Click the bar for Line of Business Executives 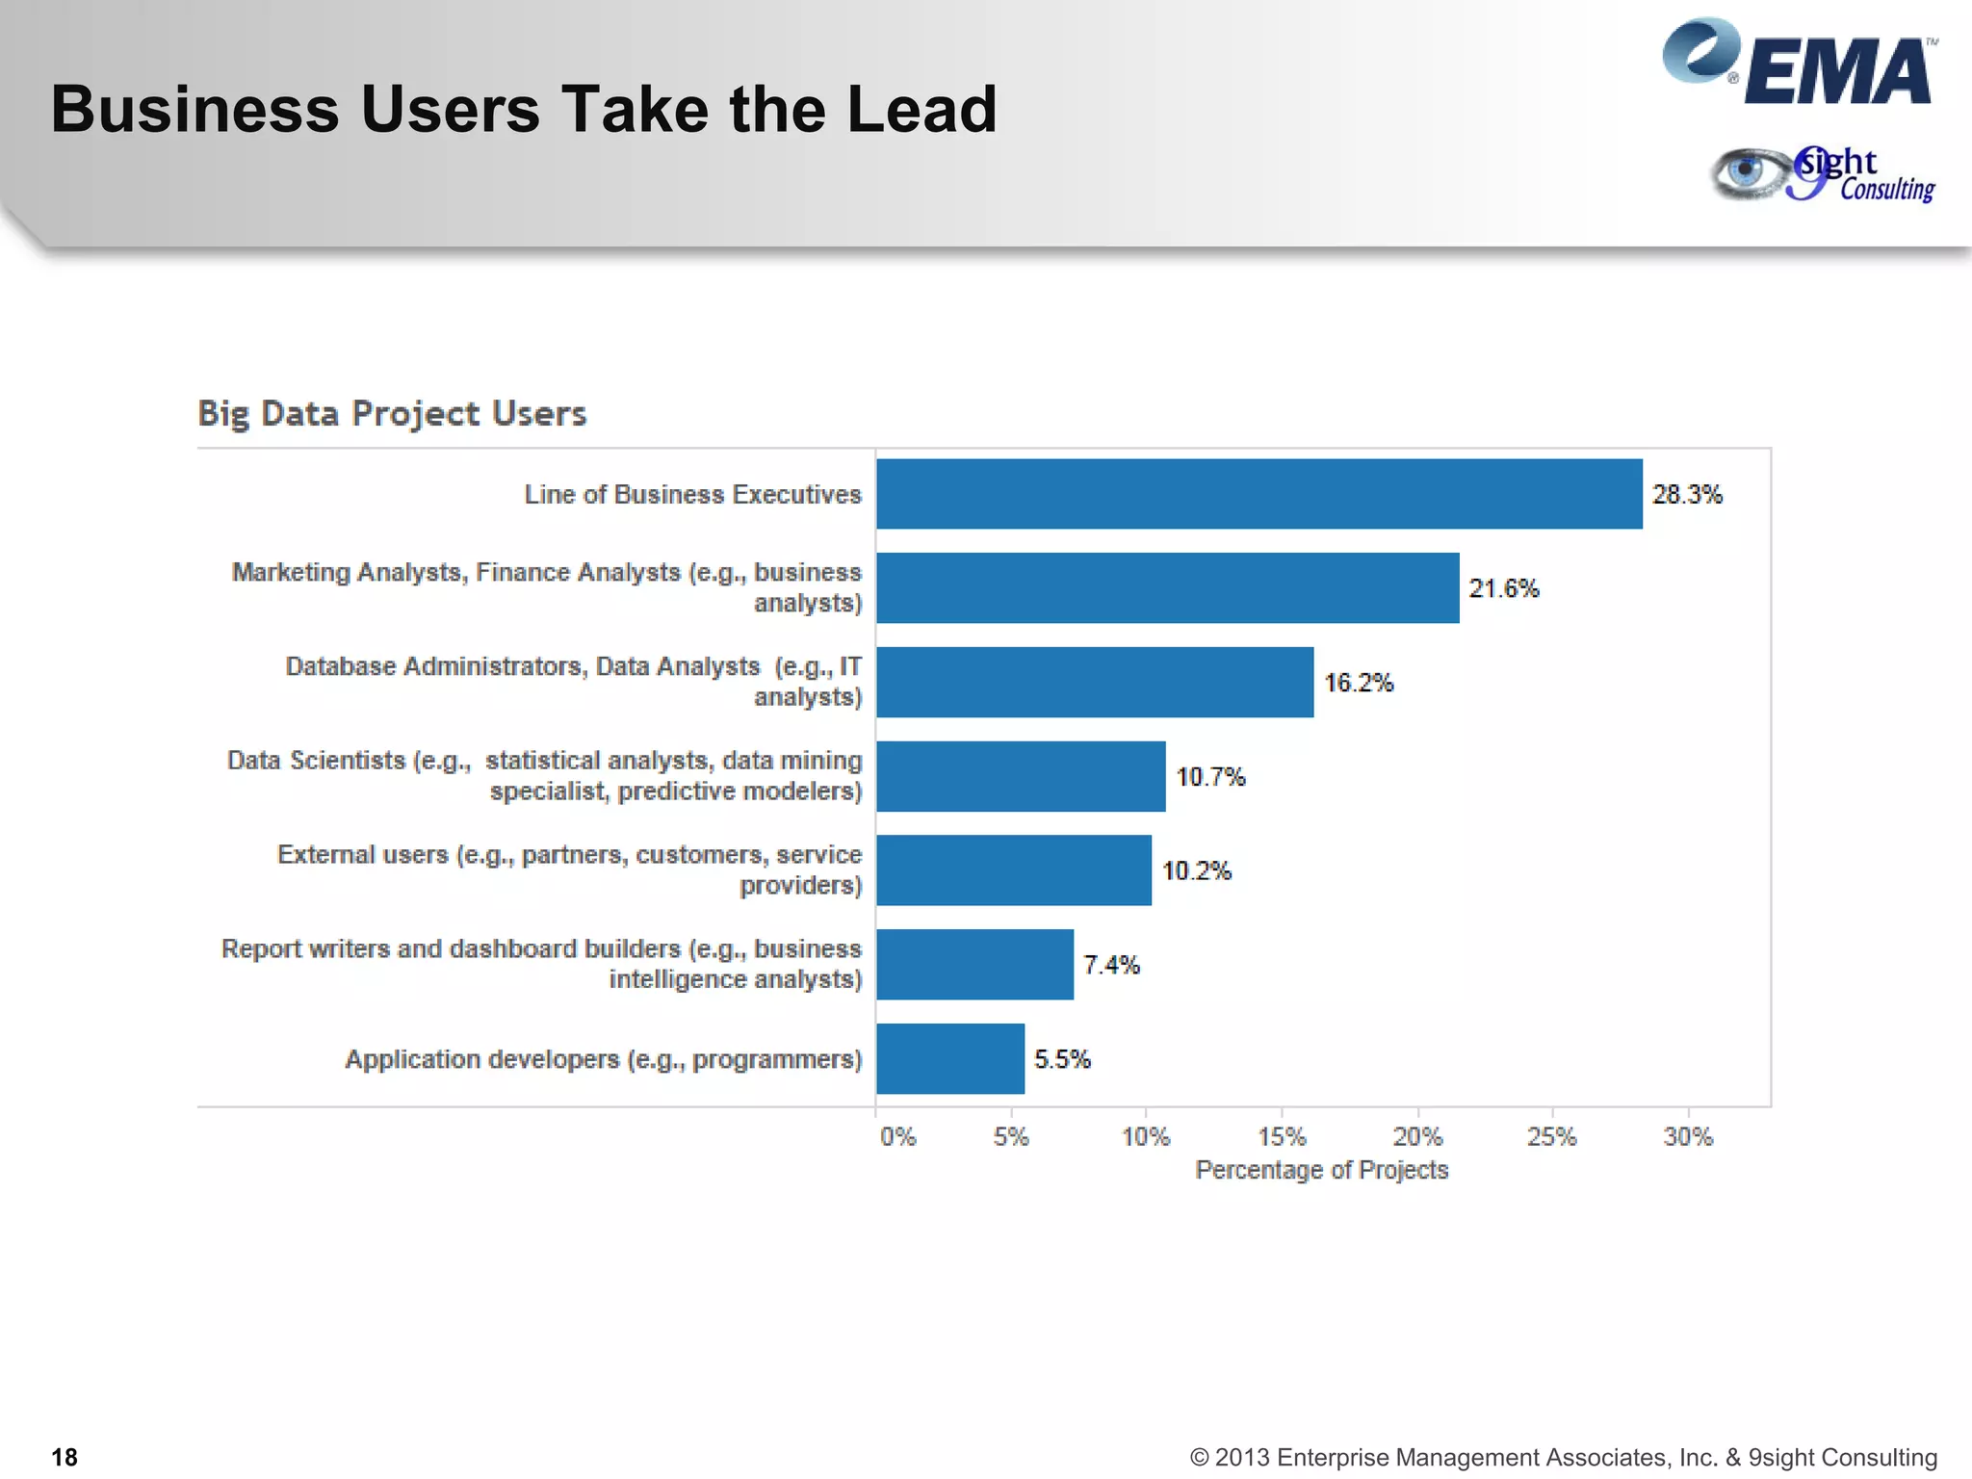[x=1258, y=494]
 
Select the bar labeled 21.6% [x=1167, y=588]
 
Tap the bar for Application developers [x=950, y=1059]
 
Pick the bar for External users [x=1014, y=870]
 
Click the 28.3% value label [x=1687, y=495]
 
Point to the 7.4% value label [x=1111, y=965]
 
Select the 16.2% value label [x=1359, y=683]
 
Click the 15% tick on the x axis [x=1282, y=1137]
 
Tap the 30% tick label [x=1688, y=1137]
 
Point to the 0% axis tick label [x=897, y=1137]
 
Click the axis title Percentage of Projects [x=1321, y=1170]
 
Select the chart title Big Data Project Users [x=392, y=413]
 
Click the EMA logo [x=1799, y=64]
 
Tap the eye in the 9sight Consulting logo [x=1745, y=172]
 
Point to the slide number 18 [x=65, y=1457]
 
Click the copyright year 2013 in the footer [x=1242, y=1458]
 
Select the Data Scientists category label [x=545, y=775]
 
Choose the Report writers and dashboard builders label [x=542, y=964]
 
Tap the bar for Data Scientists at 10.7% [x=1021, y=776]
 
